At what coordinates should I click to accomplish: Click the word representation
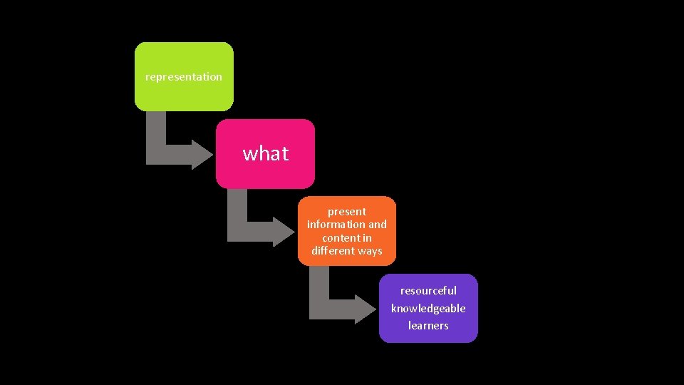coord(184,76)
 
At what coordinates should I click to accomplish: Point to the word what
coord(265,153)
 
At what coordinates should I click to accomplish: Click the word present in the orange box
coord(347,212)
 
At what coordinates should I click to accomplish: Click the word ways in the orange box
coord(370,250)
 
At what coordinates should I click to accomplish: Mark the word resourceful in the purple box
coord(428,290)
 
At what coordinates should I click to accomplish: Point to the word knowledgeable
coord(428,308)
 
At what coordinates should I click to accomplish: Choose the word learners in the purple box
coord(428,325)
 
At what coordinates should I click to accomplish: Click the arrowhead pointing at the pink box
coord(202,153)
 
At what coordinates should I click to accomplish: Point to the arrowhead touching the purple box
coord(364,307)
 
